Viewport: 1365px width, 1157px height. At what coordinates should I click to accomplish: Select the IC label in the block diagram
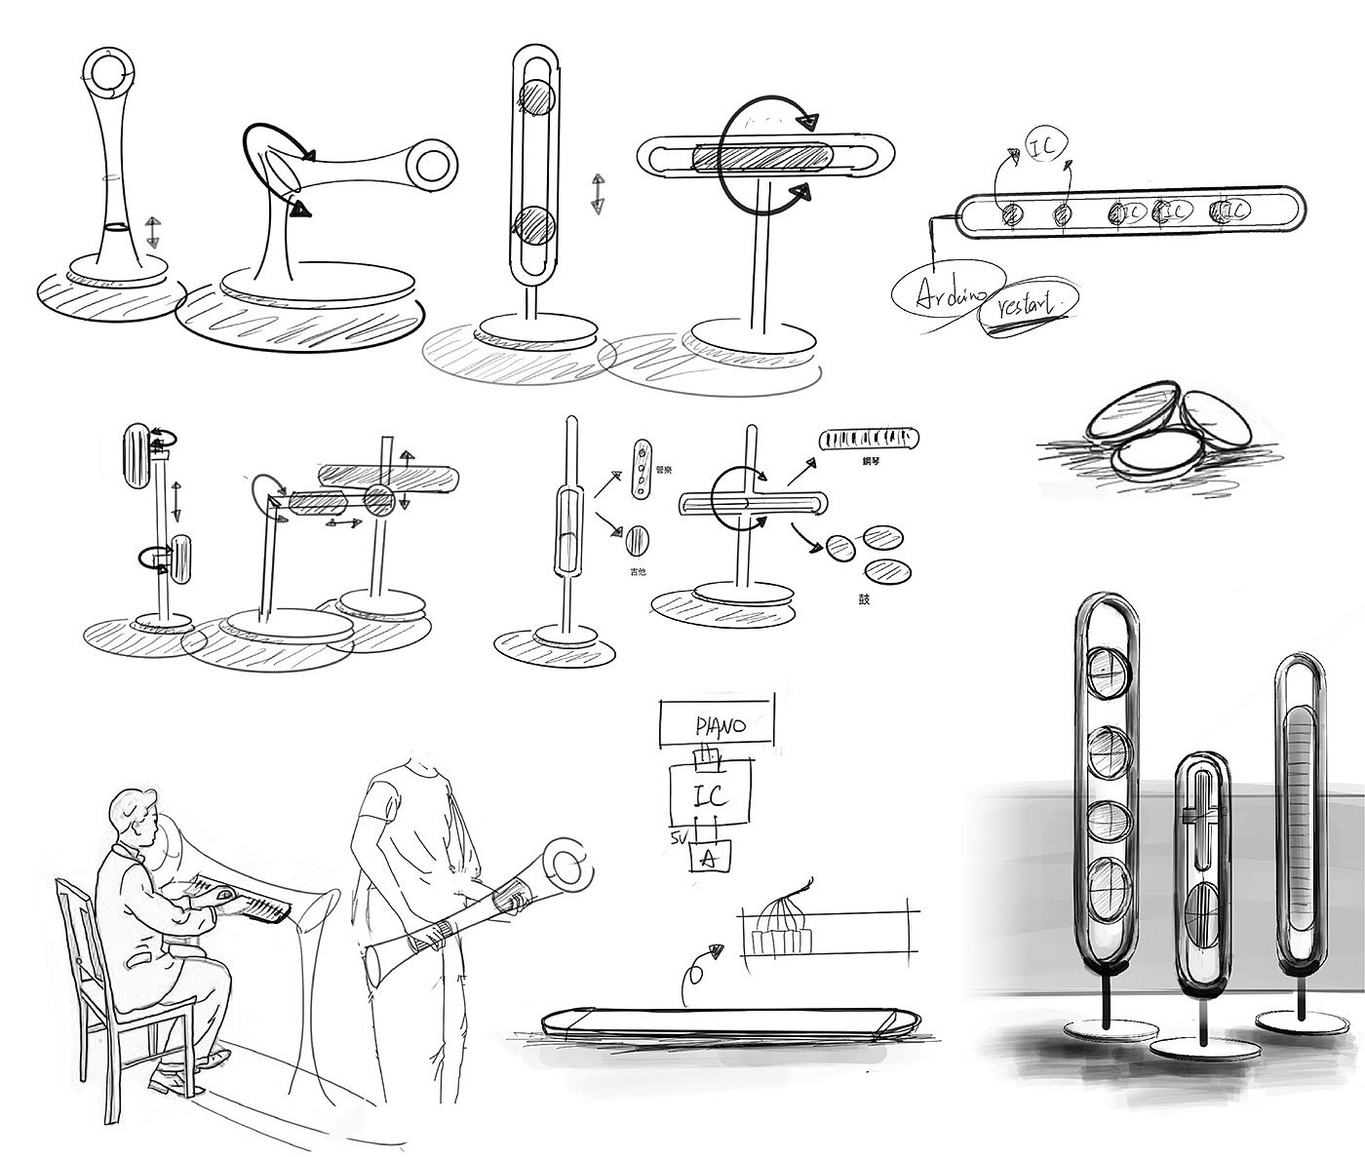(x=711, y=794)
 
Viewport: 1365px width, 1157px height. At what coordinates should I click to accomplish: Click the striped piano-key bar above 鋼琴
(x=867, y=439)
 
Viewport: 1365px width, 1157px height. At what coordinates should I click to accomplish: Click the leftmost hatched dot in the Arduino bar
(x=1010, y=213)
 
